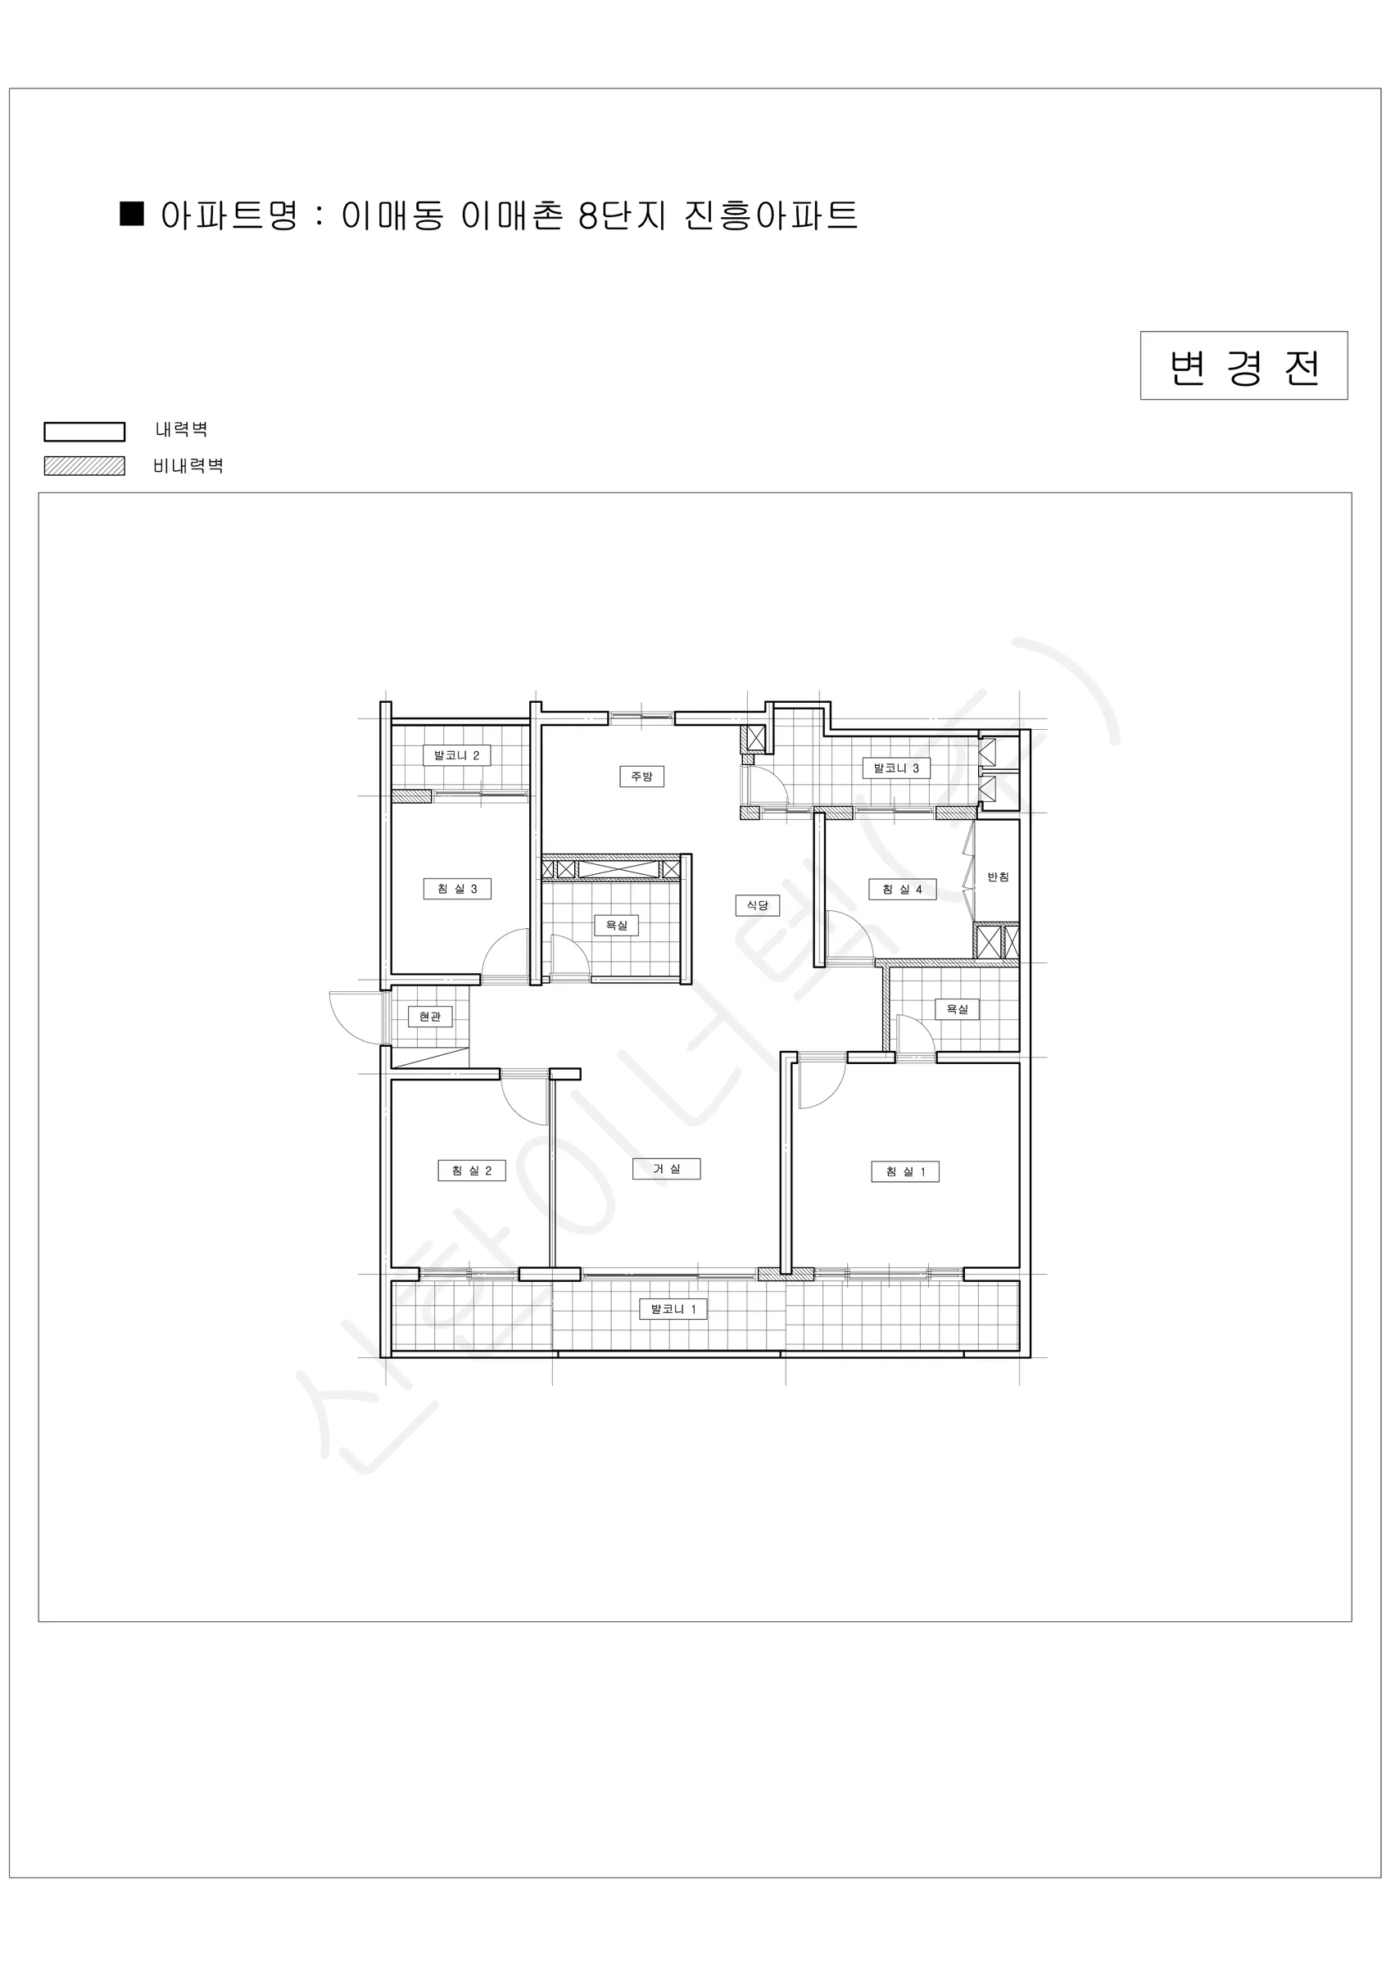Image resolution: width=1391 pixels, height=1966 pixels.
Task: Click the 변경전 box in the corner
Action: [x=1244, y=365]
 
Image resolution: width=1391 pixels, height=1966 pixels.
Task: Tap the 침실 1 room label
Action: [x=905, y=1171]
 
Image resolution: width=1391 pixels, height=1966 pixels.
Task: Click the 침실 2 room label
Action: [x=472, y=1171]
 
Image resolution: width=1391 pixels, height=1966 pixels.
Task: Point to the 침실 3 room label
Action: [x=457, y=889]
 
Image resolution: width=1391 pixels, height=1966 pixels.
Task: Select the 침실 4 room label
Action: [x=902, y=890]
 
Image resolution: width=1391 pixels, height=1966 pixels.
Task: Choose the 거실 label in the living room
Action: [x=666, y=1169]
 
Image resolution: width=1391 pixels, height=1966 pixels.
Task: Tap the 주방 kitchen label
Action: [x=641, y=777]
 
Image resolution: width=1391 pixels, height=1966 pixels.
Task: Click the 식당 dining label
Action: [x=758, y=905]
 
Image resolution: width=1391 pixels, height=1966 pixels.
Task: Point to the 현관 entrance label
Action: [x=430, y=1017]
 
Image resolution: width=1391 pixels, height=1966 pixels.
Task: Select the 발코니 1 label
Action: [x=674, y=1309]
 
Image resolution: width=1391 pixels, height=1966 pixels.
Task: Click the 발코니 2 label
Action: [x=457, y=755]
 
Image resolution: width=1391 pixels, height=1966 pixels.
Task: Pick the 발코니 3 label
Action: [x=897, y=768]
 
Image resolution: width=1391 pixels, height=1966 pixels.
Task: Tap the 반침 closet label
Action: [x=998, y=877]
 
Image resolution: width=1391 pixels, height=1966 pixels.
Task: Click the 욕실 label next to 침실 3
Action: [x=617, y=925]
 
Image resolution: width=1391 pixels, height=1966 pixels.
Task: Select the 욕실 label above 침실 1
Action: [x=957, y=1009]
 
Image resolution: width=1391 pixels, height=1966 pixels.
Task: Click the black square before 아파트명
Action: [x=132, y=213]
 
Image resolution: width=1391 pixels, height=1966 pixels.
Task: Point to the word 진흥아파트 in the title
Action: [x=771, y=215]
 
